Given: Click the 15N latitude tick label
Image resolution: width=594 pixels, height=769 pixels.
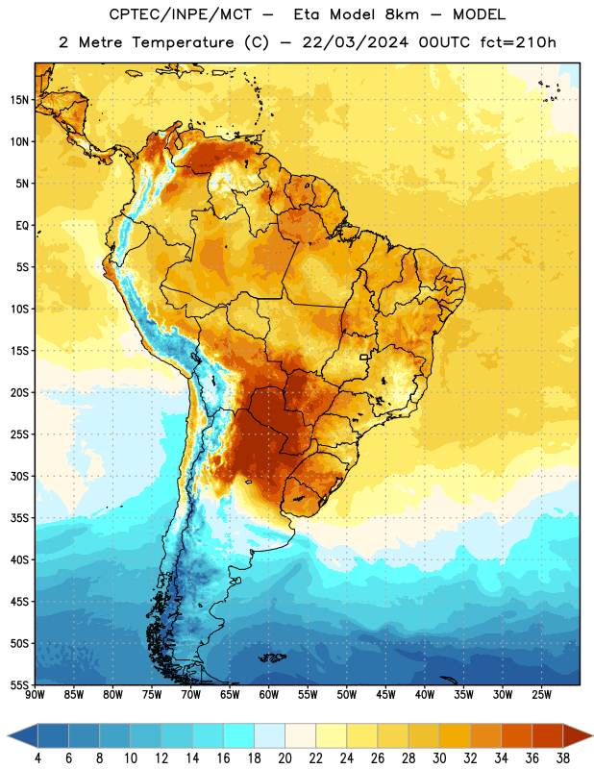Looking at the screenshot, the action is coord(19,100).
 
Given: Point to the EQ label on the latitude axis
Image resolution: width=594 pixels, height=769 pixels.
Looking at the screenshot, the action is coord(22,226).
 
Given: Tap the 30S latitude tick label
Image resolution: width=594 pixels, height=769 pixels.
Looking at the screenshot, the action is coord(19,476).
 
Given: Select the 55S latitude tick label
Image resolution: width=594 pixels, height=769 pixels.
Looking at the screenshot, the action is coord(19,684).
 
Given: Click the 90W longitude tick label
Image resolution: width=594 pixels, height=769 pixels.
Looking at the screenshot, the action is coord(35,695).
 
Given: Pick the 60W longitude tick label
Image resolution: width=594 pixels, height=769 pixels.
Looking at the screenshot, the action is coord(269,695).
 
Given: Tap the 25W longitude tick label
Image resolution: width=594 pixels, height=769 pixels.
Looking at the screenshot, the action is coord(541,695).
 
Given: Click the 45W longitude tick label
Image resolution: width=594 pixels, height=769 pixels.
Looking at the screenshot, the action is coord(385,695).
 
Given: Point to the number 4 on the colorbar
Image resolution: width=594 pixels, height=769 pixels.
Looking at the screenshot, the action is coord(37,758).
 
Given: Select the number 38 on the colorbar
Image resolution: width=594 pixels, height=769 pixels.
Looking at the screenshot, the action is coord(563,758).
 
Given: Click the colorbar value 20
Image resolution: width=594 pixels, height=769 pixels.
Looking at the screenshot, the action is coord(285,758).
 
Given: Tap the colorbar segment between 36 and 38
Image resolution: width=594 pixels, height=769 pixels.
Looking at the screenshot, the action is coord(548,736).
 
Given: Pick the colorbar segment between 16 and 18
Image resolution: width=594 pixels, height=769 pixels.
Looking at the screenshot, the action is coord(238,736).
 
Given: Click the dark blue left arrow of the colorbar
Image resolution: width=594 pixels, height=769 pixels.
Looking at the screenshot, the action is coord(22,736).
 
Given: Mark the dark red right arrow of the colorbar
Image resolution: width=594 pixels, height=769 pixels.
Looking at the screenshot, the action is coord(579,736).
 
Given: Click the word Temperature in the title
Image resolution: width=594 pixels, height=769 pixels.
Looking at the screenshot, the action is coord(183,42).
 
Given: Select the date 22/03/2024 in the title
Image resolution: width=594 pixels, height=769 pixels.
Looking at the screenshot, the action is coord(355,42).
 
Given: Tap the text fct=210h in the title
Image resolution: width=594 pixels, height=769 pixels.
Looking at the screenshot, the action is coord(518,42).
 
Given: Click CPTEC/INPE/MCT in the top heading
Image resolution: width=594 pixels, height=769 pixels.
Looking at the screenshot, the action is coord(181,14).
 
